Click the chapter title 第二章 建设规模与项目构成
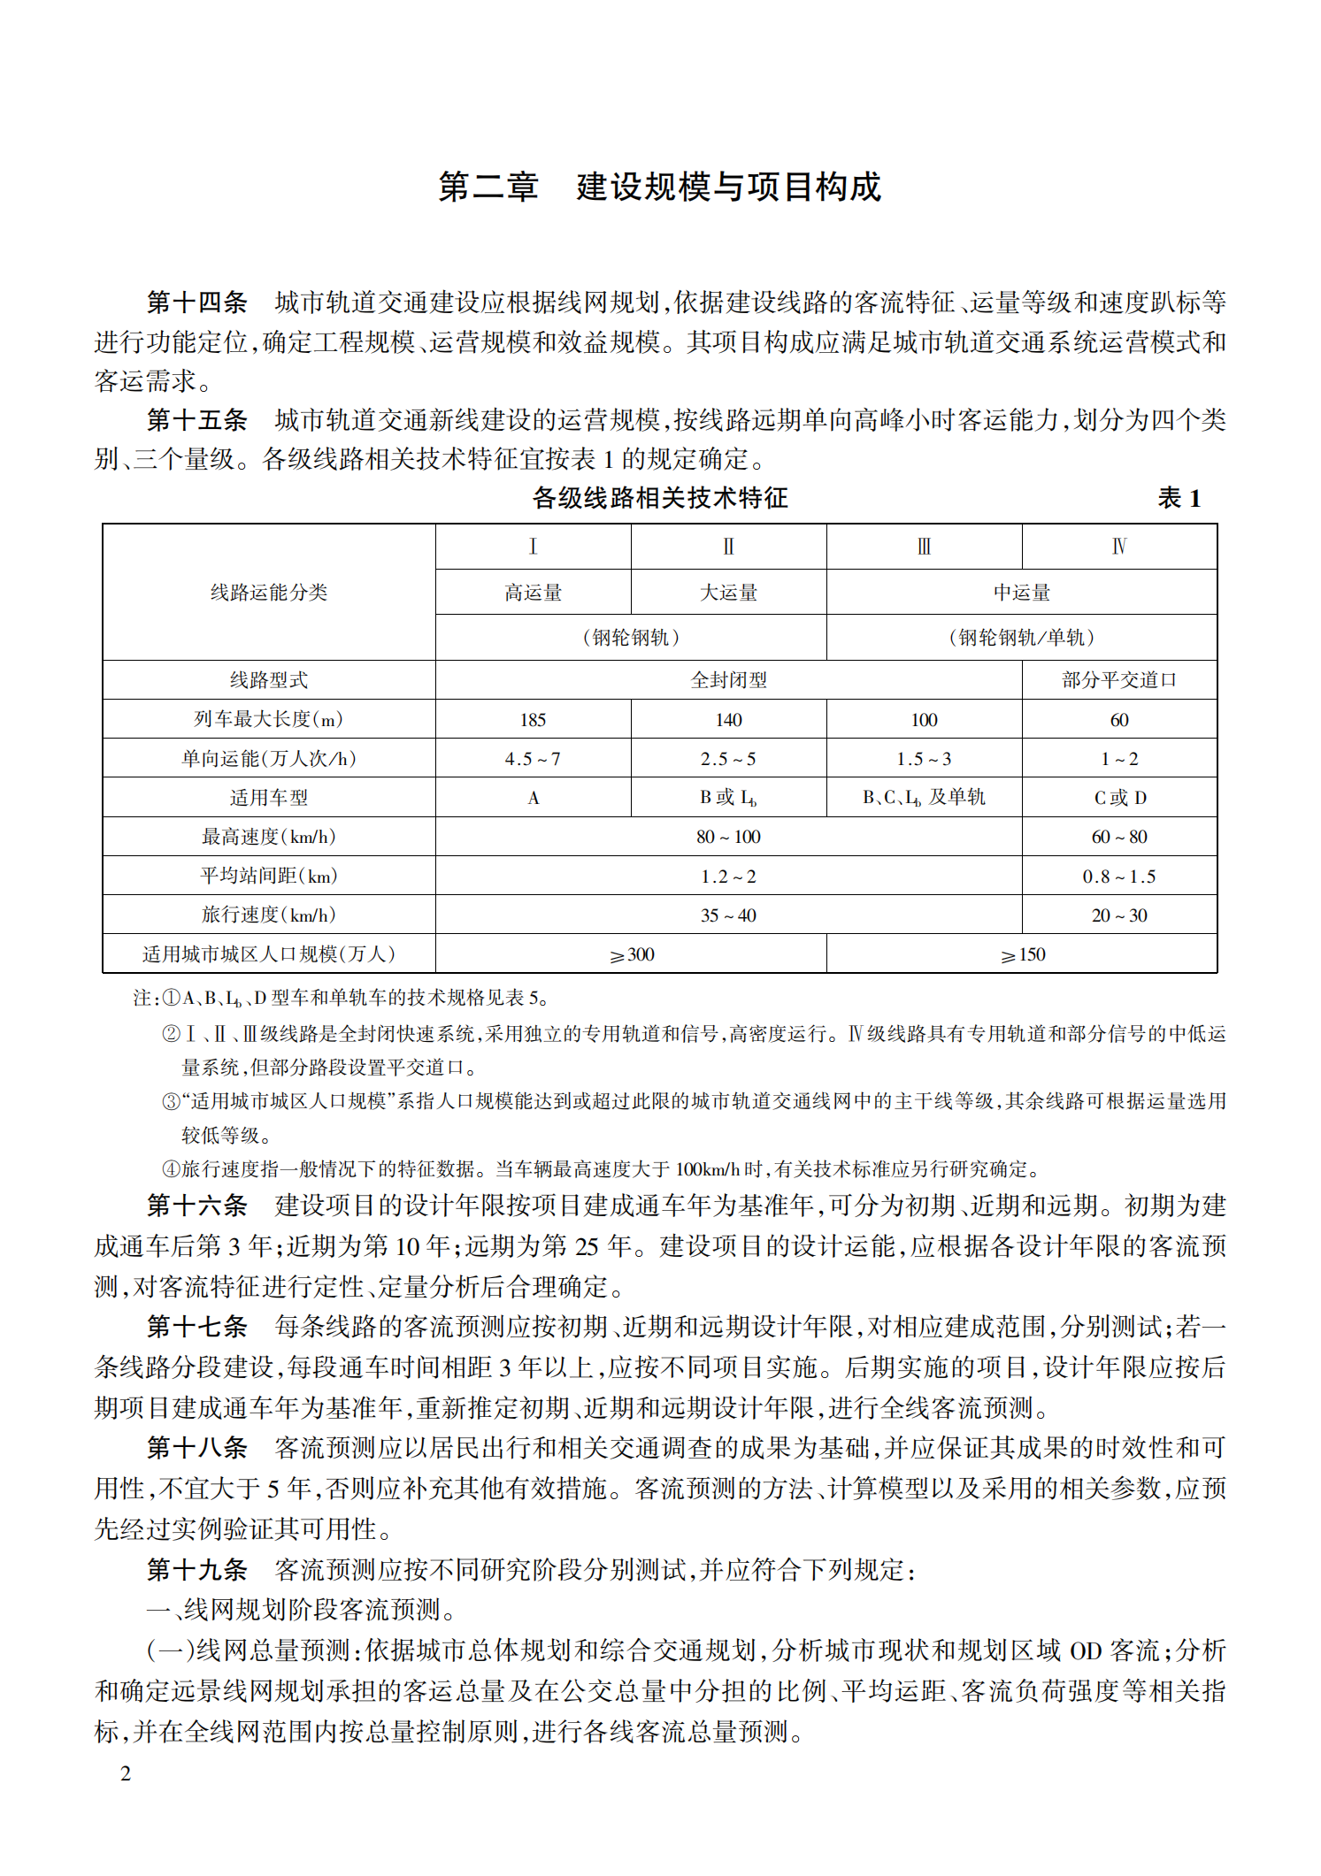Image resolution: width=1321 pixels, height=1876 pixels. click(660, 188)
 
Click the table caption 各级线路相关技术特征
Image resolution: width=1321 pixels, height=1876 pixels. click(660, 498)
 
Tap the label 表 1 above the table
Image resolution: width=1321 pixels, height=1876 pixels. click(1179, 499)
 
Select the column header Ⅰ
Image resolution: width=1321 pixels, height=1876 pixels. click(533, 547)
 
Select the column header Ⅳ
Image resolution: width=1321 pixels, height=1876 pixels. click(1119, 547)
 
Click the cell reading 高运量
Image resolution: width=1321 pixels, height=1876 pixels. click(533, 593)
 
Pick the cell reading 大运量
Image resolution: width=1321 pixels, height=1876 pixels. click(728, 593)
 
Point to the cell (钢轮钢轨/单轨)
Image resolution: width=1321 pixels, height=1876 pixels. click(1021, 638)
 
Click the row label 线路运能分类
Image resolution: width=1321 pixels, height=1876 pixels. click(269, 593)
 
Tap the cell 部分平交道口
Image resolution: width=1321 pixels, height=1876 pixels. click(1119, 680)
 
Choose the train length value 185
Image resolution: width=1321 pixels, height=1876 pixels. click(533, 720)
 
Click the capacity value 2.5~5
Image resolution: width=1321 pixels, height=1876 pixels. click(728, 759)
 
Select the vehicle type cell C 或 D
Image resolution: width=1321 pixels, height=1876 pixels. click(1119, 798)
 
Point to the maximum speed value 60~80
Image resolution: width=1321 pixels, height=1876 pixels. click(1119, 837)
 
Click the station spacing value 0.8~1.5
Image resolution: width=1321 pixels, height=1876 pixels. click(1119, 877)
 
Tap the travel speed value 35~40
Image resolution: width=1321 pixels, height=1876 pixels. click(728, 915)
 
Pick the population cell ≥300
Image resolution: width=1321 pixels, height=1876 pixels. click(631, 955)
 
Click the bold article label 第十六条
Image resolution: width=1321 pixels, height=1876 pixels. click(196, 1206)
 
